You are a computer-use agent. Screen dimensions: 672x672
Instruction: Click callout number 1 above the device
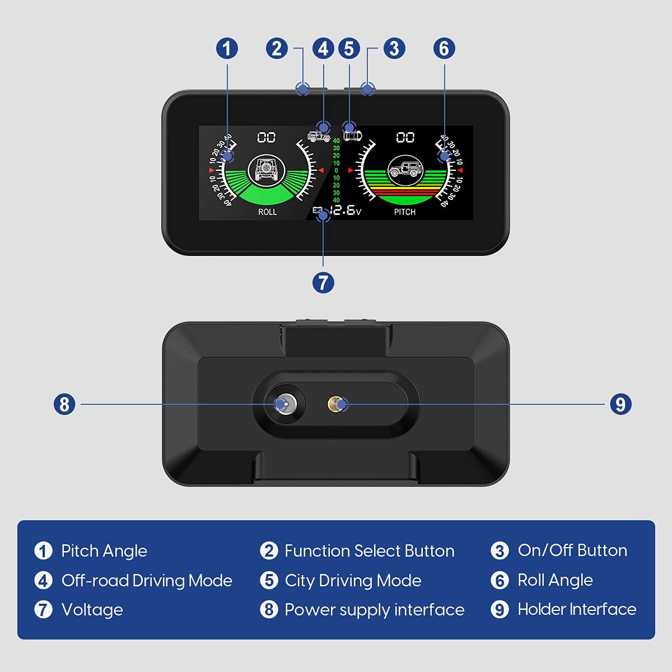tap(227, 48)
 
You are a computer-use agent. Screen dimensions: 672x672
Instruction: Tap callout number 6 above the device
tap(444, 48)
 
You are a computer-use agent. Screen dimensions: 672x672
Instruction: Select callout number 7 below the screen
tap(323, 282)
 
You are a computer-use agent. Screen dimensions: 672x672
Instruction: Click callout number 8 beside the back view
tap(64, 404)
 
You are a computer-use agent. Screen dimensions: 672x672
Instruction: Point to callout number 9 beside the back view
tap(620, 404)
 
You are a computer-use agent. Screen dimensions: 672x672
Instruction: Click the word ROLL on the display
tap(267, 212)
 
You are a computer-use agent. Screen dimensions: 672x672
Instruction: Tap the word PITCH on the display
tap(404, 212)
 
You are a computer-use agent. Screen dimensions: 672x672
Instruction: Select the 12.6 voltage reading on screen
tap(343, 210)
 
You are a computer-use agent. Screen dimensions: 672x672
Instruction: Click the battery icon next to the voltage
tap(318, 211)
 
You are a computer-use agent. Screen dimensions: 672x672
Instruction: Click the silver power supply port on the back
tap(284, 404)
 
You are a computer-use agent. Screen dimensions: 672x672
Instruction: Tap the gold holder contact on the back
tap(337, 404)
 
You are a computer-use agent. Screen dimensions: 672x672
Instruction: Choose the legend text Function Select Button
tap(369, 550)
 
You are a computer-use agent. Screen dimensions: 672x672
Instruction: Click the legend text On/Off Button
tap(572, 550)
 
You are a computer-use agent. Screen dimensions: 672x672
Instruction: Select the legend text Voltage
tap(92, 609)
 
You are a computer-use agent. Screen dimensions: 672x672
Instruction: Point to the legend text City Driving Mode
tap(353, 580)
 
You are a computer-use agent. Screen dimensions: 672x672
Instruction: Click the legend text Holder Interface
tap(577, 609)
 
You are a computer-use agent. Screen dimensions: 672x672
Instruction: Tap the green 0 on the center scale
tap(336, 170)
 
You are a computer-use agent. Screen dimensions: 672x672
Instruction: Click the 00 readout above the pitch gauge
tap(405, 137)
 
